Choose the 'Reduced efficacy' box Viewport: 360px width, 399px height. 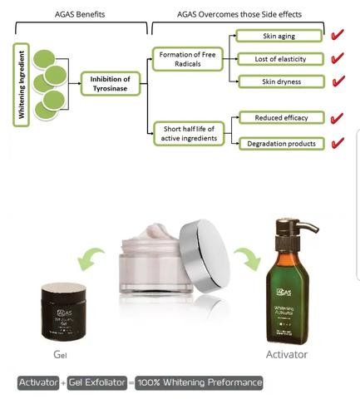point(274,119)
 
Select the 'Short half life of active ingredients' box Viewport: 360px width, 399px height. point(185,132)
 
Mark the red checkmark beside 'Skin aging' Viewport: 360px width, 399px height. point(337,36)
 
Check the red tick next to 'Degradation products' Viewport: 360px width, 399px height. point(337,143)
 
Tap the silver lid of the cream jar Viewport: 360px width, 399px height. point(200,244)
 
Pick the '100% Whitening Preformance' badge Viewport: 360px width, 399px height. point(200,382)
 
